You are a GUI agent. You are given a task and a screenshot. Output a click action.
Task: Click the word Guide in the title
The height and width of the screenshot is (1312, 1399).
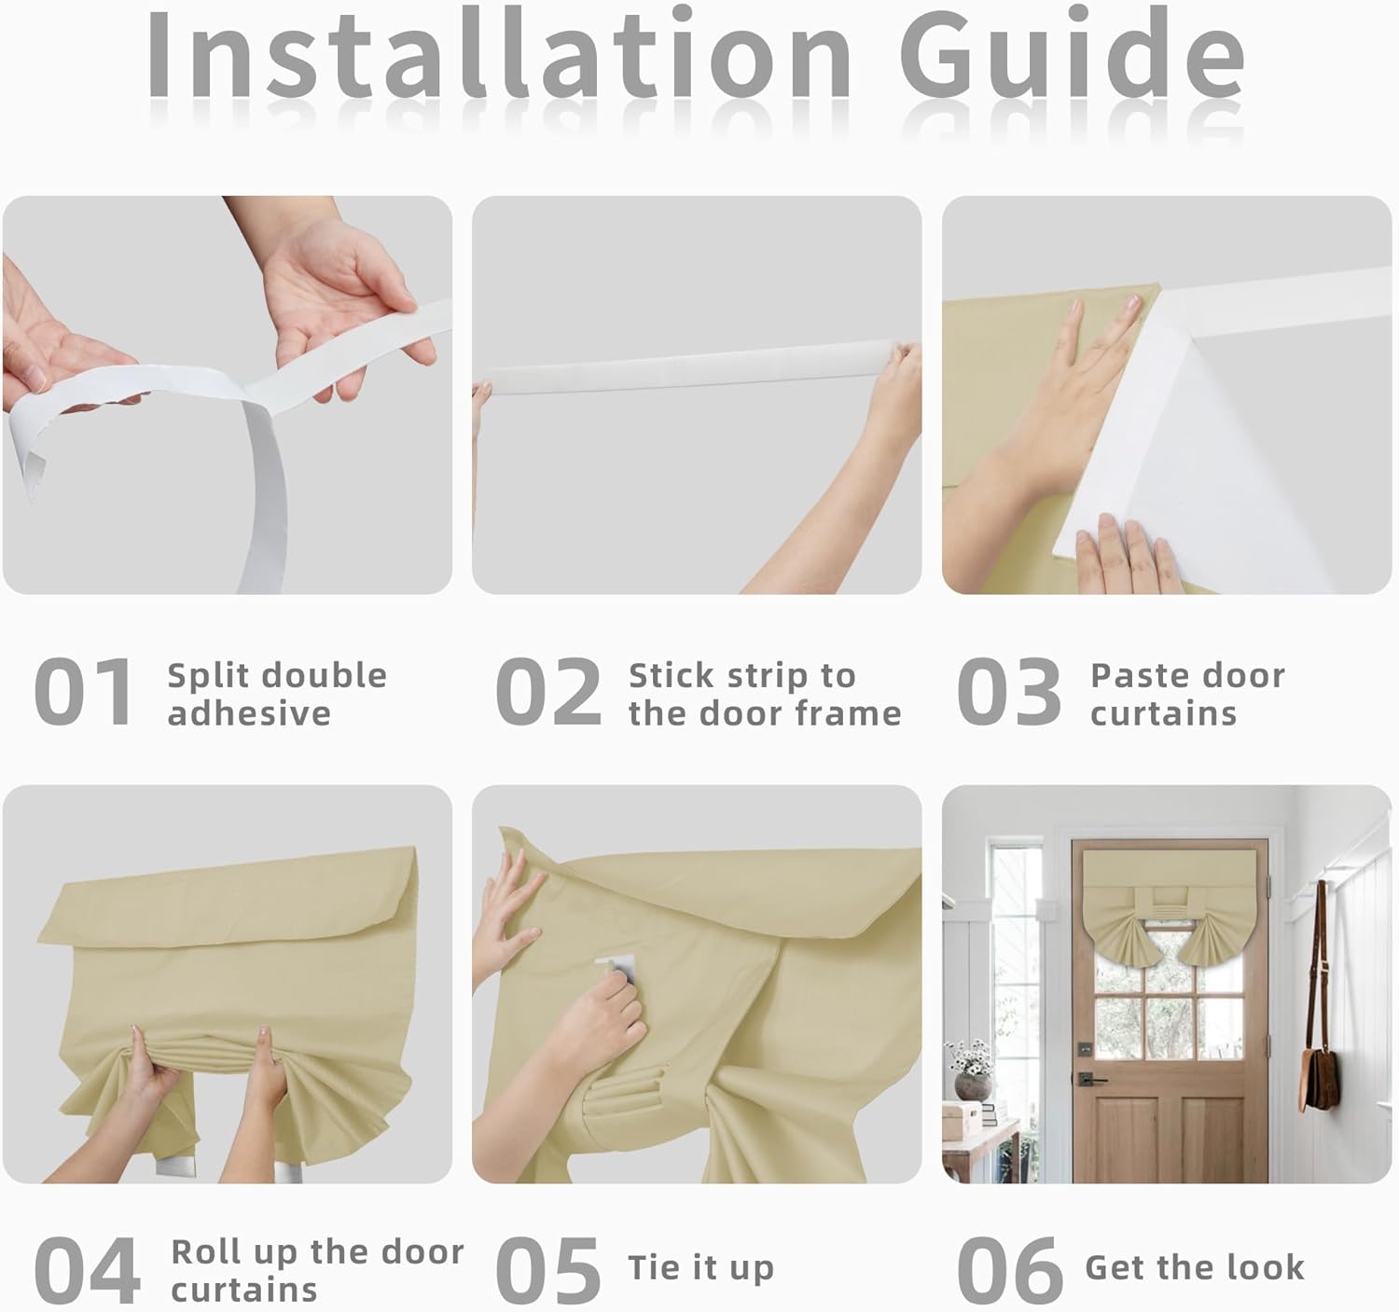coord(1073,53)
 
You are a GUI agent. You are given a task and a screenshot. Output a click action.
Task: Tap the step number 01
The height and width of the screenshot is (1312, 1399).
coord(83,691)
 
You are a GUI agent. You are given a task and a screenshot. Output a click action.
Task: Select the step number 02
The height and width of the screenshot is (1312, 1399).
coord(548,691)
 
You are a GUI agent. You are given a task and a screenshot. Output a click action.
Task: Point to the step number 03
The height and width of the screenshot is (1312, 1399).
coord(1009,691)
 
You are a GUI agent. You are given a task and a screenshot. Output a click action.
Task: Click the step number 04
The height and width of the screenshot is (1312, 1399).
coord(87,1270)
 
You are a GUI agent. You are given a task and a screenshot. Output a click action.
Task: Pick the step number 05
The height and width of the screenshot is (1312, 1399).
coord(548,1270)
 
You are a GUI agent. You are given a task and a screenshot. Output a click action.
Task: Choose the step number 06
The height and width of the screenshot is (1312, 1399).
coord(1009,1270)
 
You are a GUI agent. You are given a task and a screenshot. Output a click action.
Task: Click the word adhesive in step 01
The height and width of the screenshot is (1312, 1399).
coord(249,713)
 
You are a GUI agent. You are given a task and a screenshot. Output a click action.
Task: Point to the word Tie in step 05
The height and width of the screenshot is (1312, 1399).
coord(655,1267)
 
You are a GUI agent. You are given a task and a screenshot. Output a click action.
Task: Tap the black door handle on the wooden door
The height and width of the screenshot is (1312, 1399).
coord(1090,1078)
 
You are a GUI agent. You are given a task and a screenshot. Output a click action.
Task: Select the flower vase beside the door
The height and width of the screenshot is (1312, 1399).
coord(973,1085)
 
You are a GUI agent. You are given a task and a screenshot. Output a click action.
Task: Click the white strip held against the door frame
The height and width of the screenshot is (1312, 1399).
coord(690,366)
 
